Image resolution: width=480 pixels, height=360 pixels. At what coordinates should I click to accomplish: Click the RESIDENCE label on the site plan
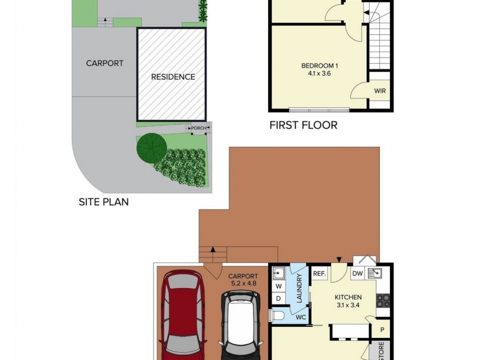pos(173,77)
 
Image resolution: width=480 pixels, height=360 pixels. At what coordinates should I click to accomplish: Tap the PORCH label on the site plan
pos(199,128)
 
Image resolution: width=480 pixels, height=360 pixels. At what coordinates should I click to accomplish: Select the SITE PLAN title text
pos(104,202)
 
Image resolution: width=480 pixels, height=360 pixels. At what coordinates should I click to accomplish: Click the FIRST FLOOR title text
pos(303,125)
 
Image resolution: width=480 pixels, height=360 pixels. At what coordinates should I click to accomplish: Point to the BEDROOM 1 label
pos(318,66)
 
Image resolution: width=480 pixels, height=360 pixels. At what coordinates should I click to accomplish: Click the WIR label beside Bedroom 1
pos(380,91)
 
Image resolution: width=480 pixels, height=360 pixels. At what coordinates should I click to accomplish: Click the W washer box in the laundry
pos(278,286)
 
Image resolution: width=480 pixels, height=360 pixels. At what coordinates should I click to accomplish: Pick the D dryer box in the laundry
pos(278,298)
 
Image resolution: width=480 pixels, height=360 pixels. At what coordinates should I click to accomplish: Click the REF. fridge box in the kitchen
pos(319,274)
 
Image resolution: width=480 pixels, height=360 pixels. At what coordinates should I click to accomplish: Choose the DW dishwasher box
pos(358,274)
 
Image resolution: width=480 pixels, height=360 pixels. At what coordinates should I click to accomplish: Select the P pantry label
pos(382,329)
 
